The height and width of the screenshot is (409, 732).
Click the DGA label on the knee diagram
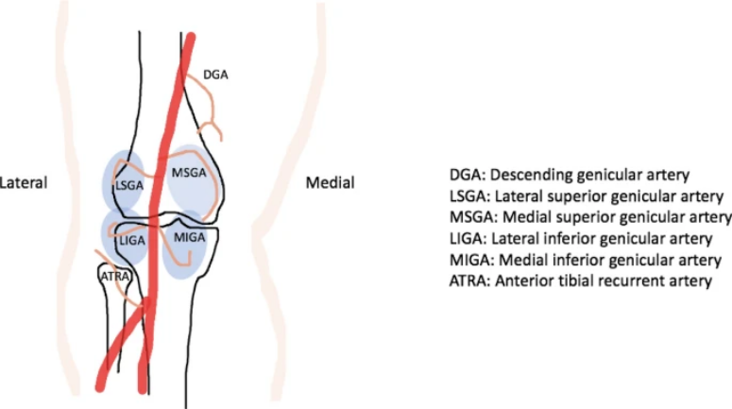coord(215,75)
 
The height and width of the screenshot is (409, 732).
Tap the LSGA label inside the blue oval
coord(128,186)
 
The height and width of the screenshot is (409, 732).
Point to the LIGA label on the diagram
coord(131,241)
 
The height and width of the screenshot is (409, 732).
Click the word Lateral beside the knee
coord(23,182)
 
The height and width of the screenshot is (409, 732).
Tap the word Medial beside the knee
coord(330,182)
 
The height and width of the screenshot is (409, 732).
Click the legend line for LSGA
coord(586,196)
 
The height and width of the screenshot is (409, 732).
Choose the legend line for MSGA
coord(589,217)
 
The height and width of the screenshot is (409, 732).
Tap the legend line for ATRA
coord(579,281)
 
